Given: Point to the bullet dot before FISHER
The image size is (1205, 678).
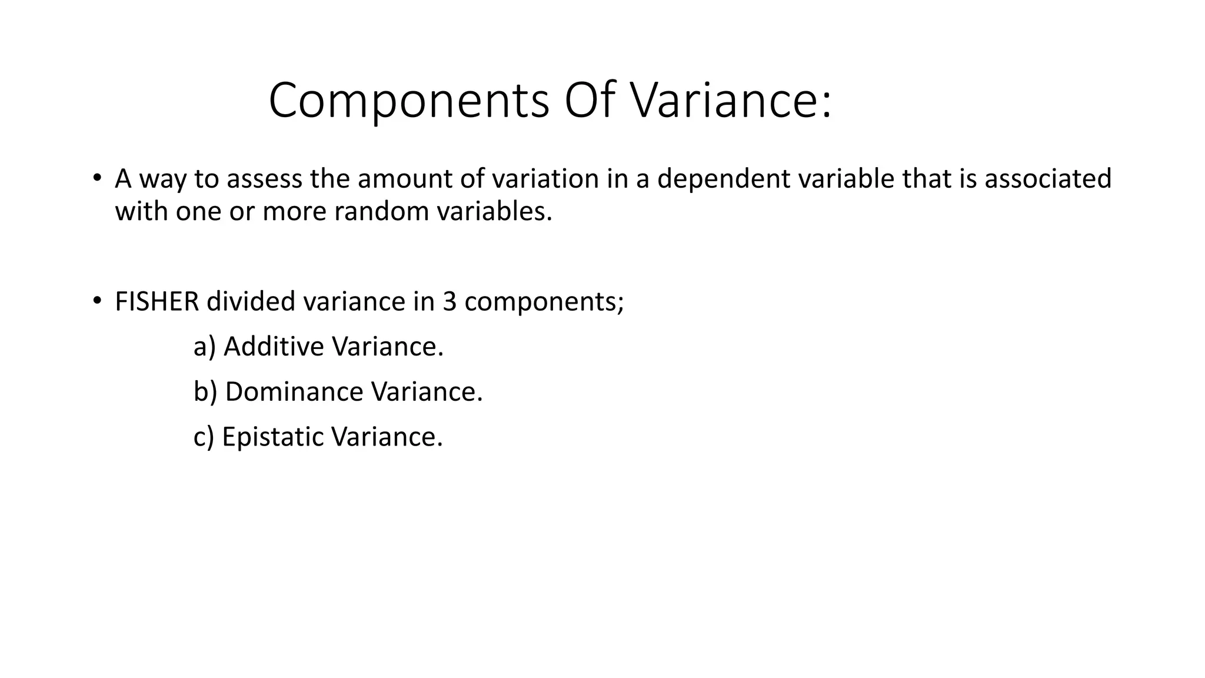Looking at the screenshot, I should click(x=97, y=301).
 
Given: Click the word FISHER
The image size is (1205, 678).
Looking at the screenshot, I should click(x=157, y=301).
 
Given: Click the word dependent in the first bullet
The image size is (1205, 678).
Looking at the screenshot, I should click(x=723, y=179).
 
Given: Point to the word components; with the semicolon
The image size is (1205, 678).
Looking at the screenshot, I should click(x=544, y=303).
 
